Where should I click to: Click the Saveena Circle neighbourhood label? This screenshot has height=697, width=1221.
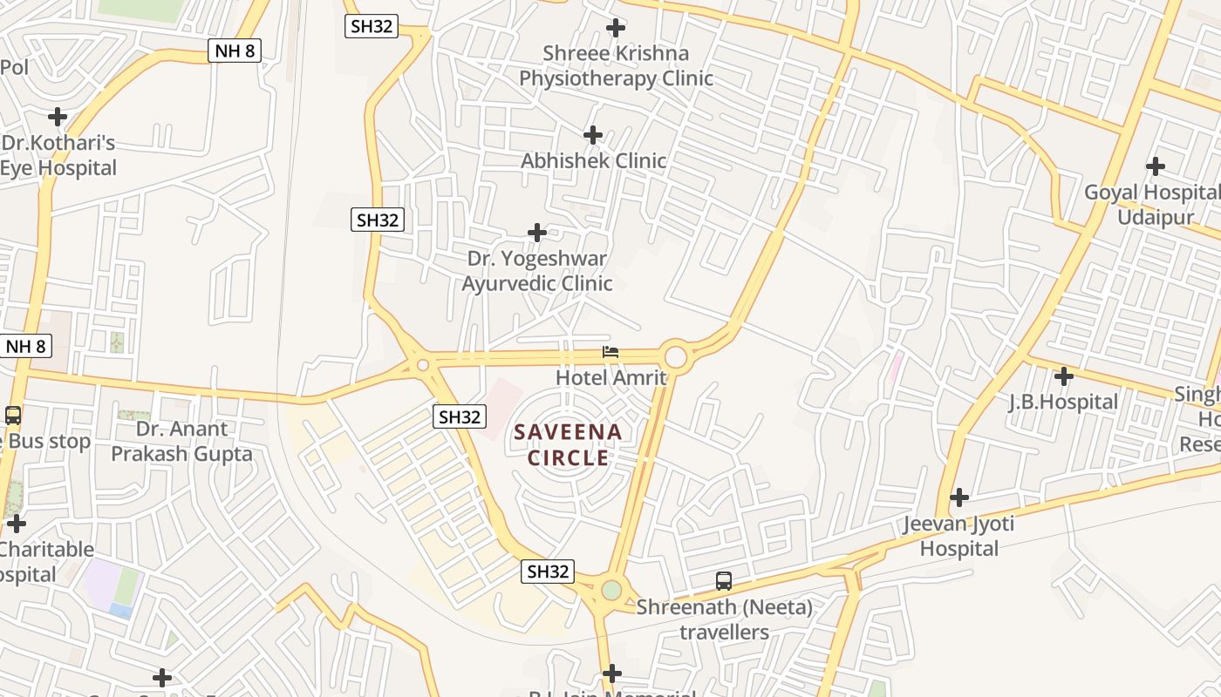click(x=568, y=444)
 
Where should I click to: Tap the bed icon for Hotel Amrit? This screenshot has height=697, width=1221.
click(x=610, y=353)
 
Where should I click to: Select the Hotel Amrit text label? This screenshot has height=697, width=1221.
click(x=610, y=377)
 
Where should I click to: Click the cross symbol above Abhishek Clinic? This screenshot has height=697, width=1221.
click(x=593, y=135)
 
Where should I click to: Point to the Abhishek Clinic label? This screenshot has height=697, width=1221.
click(x=593, y=160)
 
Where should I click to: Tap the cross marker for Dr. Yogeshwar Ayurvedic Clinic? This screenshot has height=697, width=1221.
click(x=537, y=233)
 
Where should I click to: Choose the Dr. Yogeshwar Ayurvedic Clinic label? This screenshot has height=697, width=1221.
click(x=537, y=271)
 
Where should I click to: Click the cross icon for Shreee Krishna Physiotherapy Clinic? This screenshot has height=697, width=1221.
click(x=616, y=28)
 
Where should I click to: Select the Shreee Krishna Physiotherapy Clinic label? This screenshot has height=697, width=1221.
click(x=616, y=65)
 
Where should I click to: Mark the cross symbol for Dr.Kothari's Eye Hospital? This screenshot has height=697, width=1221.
click(x=58, y=117)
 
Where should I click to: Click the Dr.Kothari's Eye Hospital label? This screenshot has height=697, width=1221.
click(x=58, y=155)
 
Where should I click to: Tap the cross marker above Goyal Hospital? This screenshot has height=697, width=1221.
click(x=1156, y=166)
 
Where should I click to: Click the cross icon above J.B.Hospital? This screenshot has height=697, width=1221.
click(x=1063, y=377)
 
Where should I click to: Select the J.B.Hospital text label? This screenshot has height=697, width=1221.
click(x=1063, y=402)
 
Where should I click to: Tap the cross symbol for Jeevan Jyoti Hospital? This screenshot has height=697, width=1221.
click(x=959, y=497)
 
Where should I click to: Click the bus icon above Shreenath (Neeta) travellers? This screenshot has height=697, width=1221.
click(x=723, y=581)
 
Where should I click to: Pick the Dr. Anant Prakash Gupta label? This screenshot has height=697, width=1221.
click(x=181, y=441)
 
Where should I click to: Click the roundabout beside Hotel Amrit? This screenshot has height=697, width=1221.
click(x=676, y=356)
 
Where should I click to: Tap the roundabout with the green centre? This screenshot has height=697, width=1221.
click(x=611, y=590)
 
